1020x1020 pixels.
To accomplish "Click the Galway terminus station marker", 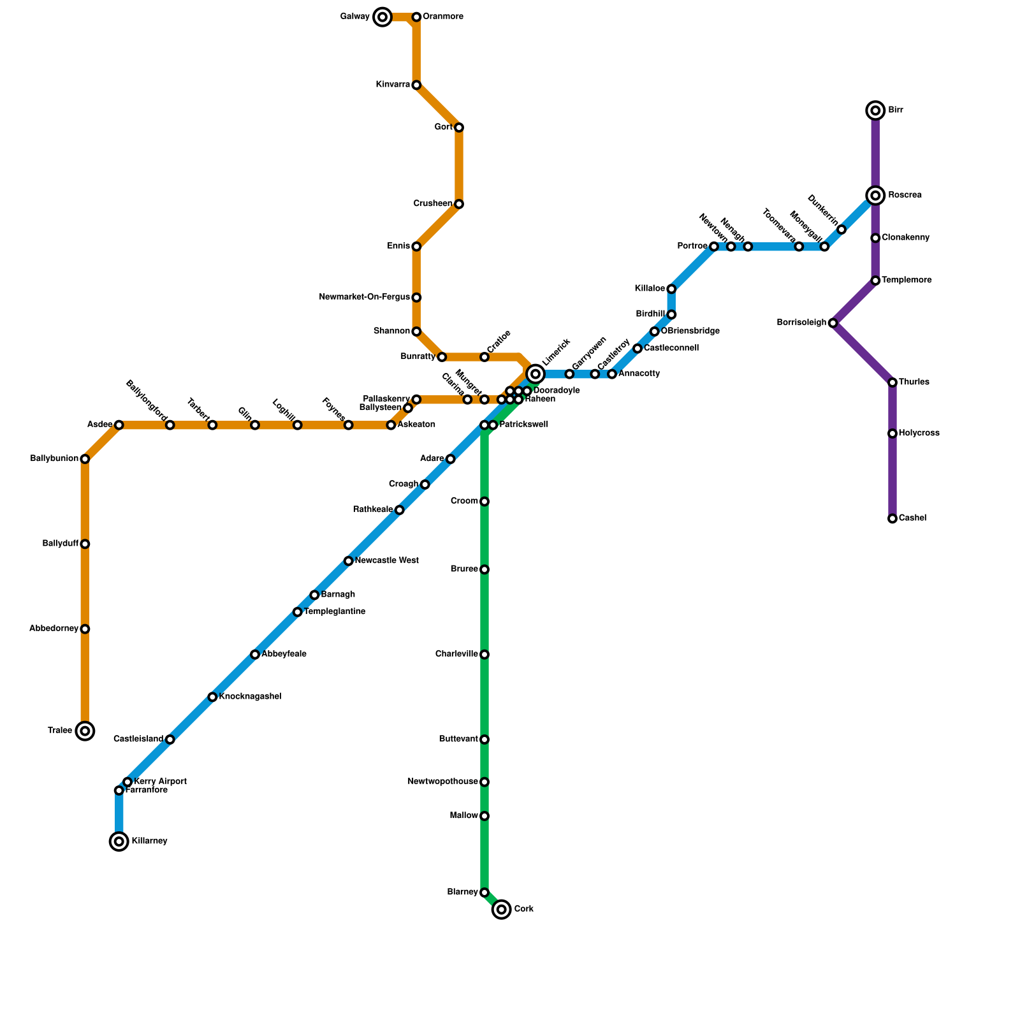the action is coord(382,17).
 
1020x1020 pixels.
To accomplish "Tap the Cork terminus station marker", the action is coord(502,909).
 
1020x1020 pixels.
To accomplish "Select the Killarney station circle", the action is coord(119,841).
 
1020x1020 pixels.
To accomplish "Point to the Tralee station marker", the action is coord(85,731).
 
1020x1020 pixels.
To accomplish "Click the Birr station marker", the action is coord(876,111).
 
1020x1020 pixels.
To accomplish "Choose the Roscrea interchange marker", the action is coord(876,195).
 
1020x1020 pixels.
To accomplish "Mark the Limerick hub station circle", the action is coord(535,374).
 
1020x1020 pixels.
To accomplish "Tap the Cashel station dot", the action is coord(892,519).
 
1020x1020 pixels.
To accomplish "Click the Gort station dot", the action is coord(459,127).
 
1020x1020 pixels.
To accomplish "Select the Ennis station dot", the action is coord(416,247).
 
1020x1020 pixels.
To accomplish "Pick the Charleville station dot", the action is coord(484,655).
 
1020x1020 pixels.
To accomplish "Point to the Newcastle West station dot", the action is coord(348,561).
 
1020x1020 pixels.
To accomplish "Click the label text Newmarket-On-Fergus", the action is coord(364,297).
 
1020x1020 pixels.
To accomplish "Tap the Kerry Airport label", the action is coord(160,782).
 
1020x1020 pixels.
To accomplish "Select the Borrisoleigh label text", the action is coord(801,323).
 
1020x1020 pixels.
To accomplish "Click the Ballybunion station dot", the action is coord(85,459).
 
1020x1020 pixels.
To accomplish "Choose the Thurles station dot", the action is coord(892,382).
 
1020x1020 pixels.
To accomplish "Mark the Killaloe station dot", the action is coord(671,289).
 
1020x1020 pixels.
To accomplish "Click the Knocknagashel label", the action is coord(250,697).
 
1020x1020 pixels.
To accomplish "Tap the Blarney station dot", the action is coord(484,892).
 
